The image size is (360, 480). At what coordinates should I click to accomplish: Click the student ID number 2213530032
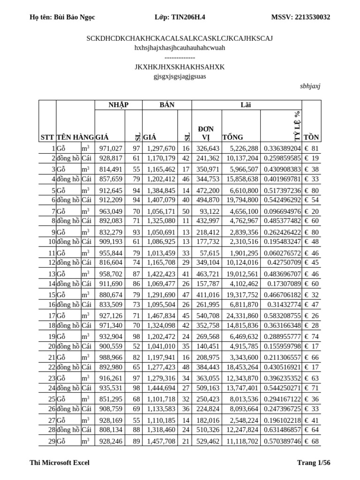312,17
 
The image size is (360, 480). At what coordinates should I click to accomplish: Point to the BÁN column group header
167,105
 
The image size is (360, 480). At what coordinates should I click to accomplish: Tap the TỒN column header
311,137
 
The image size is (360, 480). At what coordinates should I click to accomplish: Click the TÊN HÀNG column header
75,137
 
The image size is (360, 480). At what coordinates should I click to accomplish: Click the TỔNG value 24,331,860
241,316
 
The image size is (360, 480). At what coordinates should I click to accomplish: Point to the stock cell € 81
311,149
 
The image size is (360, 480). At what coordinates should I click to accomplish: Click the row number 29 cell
47,442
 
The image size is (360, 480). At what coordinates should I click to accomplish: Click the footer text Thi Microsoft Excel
60,463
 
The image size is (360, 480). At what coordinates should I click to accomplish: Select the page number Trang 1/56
314,463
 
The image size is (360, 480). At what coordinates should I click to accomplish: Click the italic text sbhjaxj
310,86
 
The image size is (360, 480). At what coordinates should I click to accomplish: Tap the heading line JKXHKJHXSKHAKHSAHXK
180,67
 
